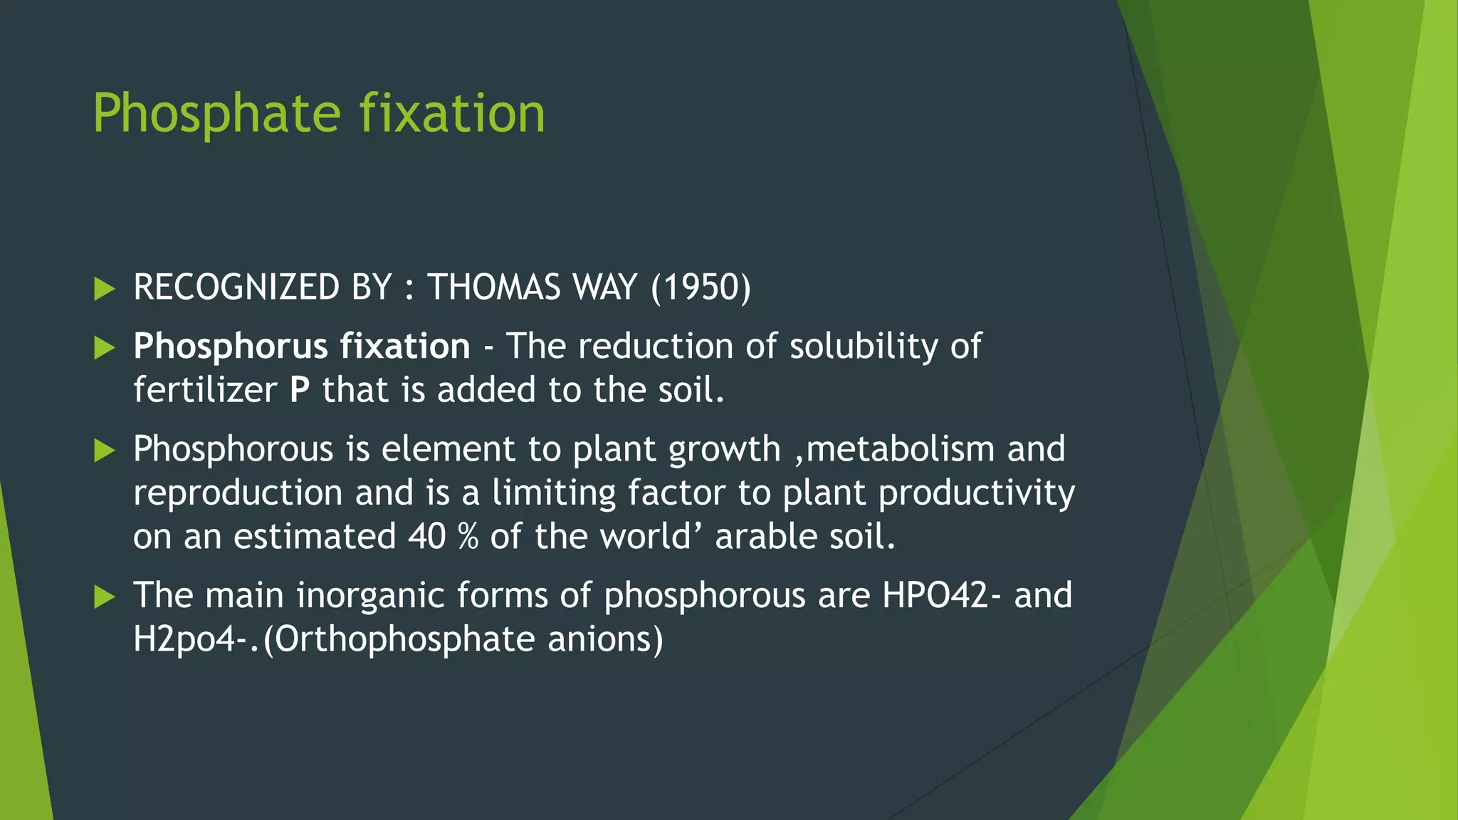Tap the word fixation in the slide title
[x=452, y=114]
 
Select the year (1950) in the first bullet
[x=701, y=288]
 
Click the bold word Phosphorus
[x=231, y=347]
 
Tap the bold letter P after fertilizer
[x=300, y=391]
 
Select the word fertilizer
[x=205, y=391]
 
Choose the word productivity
[x=977, y=493]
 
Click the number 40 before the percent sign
[x=426, y=537]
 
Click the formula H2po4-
[x=194, y=639]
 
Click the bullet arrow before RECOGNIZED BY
[x=104, y=289]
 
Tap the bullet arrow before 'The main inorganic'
[x=104, y=597]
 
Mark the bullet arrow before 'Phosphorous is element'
[x=104, y=451]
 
